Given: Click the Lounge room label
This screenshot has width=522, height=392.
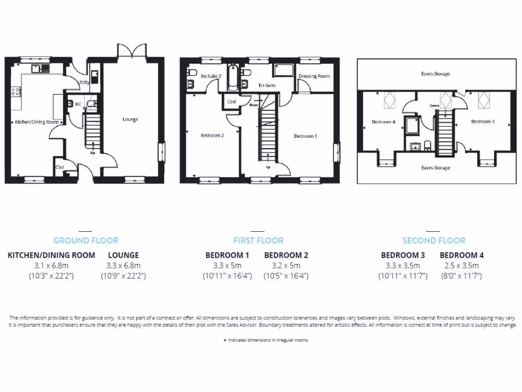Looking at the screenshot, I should point(130,119).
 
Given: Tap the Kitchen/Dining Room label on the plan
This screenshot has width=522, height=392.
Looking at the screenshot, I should point(37,122).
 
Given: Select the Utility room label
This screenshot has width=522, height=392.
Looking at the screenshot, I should point(84,82).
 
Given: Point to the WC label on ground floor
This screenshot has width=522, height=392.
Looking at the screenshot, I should point(79,104).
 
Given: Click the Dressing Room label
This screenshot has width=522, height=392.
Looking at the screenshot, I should point(314,76).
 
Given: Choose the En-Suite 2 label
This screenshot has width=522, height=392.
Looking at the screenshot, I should point(211,76).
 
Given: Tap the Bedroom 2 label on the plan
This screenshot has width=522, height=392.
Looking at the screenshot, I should point(212,135).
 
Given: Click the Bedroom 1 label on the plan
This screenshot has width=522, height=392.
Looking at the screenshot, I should point(305,136).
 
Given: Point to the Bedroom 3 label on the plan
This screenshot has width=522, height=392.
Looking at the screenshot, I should point(482,121).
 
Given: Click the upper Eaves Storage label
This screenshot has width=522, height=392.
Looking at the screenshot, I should point(435,74).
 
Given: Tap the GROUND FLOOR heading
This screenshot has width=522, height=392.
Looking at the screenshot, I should point(86,240).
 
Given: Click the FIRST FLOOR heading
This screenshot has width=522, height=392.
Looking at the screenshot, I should point(258,240).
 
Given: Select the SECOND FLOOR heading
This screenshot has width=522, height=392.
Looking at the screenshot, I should point(434,240).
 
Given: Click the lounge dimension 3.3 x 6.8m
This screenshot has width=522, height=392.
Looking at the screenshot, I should point(123,265).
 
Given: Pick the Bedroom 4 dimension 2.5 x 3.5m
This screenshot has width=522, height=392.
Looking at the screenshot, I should point(461,265).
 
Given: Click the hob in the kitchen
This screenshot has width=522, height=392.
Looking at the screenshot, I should point(16,92).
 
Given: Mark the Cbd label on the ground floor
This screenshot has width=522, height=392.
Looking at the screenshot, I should point(60,167).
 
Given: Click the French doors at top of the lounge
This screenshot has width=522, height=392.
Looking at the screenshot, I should point(132,51).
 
